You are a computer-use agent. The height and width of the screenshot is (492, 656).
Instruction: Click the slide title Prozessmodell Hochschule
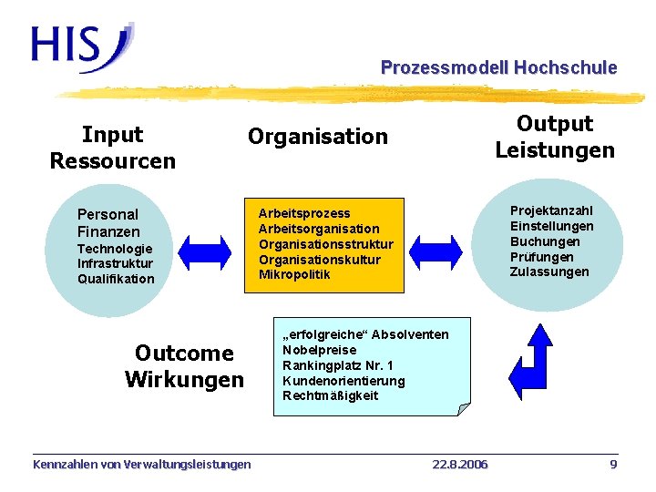click(498, 67)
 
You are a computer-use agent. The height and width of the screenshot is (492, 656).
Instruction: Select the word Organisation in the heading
click(318, 137)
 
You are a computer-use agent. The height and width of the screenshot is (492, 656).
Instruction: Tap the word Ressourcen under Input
click(112, 161)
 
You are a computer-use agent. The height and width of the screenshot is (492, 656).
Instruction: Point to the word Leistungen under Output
click(555, 149)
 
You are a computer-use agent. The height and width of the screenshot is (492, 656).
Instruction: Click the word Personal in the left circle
click(108, 214)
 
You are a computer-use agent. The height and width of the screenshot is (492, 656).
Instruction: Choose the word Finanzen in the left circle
click(108, 231)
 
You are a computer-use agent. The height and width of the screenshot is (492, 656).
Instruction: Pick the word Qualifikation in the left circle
click(116, 279)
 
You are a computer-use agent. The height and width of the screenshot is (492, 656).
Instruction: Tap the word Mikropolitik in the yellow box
click(294, 274)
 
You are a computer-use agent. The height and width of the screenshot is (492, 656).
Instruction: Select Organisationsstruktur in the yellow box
click(325, 244)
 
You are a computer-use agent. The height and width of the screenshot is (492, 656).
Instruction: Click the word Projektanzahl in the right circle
click(550, 210)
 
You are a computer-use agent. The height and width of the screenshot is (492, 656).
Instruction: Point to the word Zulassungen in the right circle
click(549, 272)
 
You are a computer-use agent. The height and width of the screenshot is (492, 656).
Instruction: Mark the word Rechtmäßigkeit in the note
click(330, 395)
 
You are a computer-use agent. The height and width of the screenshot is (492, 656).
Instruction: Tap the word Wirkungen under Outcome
click(184, 378)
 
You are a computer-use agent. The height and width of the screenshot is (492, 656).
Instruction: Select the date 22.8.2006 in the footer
click(459, 465)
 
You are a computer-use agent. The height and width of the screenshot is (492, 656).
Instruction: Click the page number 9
click(613, 465)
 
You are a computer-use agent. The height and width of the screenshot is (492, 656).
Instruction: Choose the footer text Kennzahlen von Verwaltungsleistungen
click(141, 465)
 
